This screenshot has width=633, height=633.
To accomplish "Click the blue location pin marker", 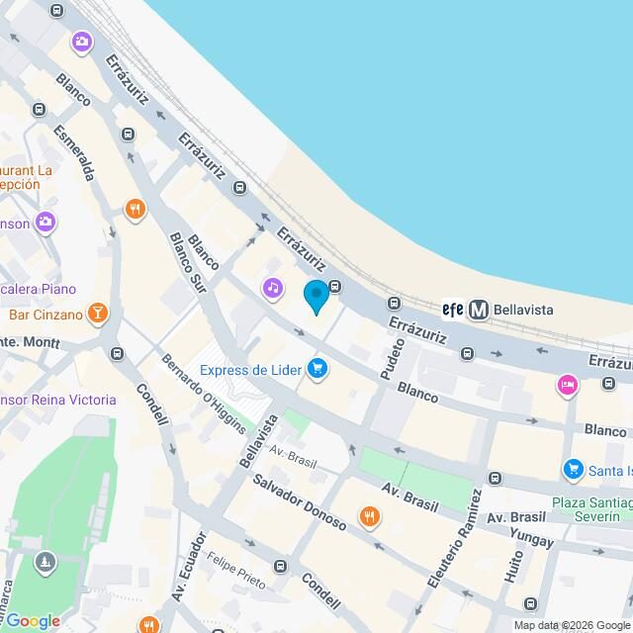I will coord(316,296).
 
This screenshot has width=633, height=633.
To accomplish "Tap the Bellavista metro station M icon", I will coord(479,310).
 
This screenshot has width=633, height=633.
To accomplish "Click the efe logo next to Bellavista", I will coord(453,310).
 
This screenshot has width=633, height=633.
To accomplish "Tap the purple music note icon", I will coord(273,288).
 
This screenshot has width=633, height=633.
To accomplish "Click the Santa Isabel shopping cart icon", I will coord(572,469).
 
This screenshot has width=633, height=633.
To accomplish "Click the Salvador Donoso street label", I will coord(298,501).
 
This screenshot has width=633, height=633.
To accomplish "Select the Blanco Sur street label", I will coord(188,263).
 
